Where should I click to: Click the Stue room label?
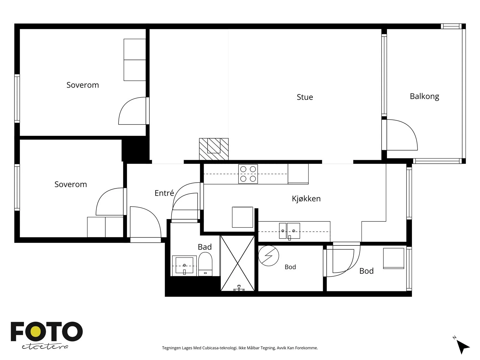pos(304,97)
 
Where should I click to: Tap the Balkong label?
pos(424,96)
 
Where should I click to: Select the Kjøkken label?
pos(306,199)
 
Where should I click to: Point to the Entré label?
pos(164,193)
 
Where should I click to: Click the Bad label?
pos(205,247)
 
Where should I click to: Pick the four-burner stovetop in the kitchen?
pos(248,174)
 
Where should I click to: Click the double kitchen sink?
pos(289,231)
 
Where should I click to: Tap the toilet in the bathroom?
pos(205,264)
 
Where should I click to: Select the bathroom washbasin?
pos(184,266)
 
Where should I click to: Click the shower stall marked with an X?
pos(238,263)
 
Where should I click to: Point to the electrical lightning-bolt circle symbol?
pos(268,256)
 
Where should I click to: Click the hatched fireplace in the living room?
pos(214,149)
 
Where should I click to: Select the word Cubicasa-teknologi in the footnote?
pos(220,348)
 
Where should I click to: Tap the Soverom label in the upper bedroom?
pos(83,85)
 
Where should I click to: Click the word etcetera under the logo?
pos(45,347)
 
